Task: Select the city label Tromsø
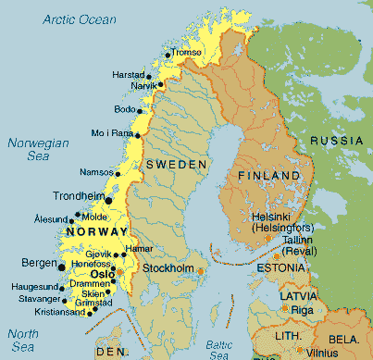(186, 53)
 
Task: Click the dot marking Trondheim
(109, 200)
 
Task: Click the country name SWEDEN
(176, 164)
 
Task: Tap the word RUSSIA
(337, 140)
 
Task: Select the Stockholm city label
(168, 268)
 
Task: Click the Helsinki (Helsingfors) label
(283, 222)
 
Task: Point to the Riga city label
(303, 309)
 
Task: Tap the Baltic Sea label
(219, 349)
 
